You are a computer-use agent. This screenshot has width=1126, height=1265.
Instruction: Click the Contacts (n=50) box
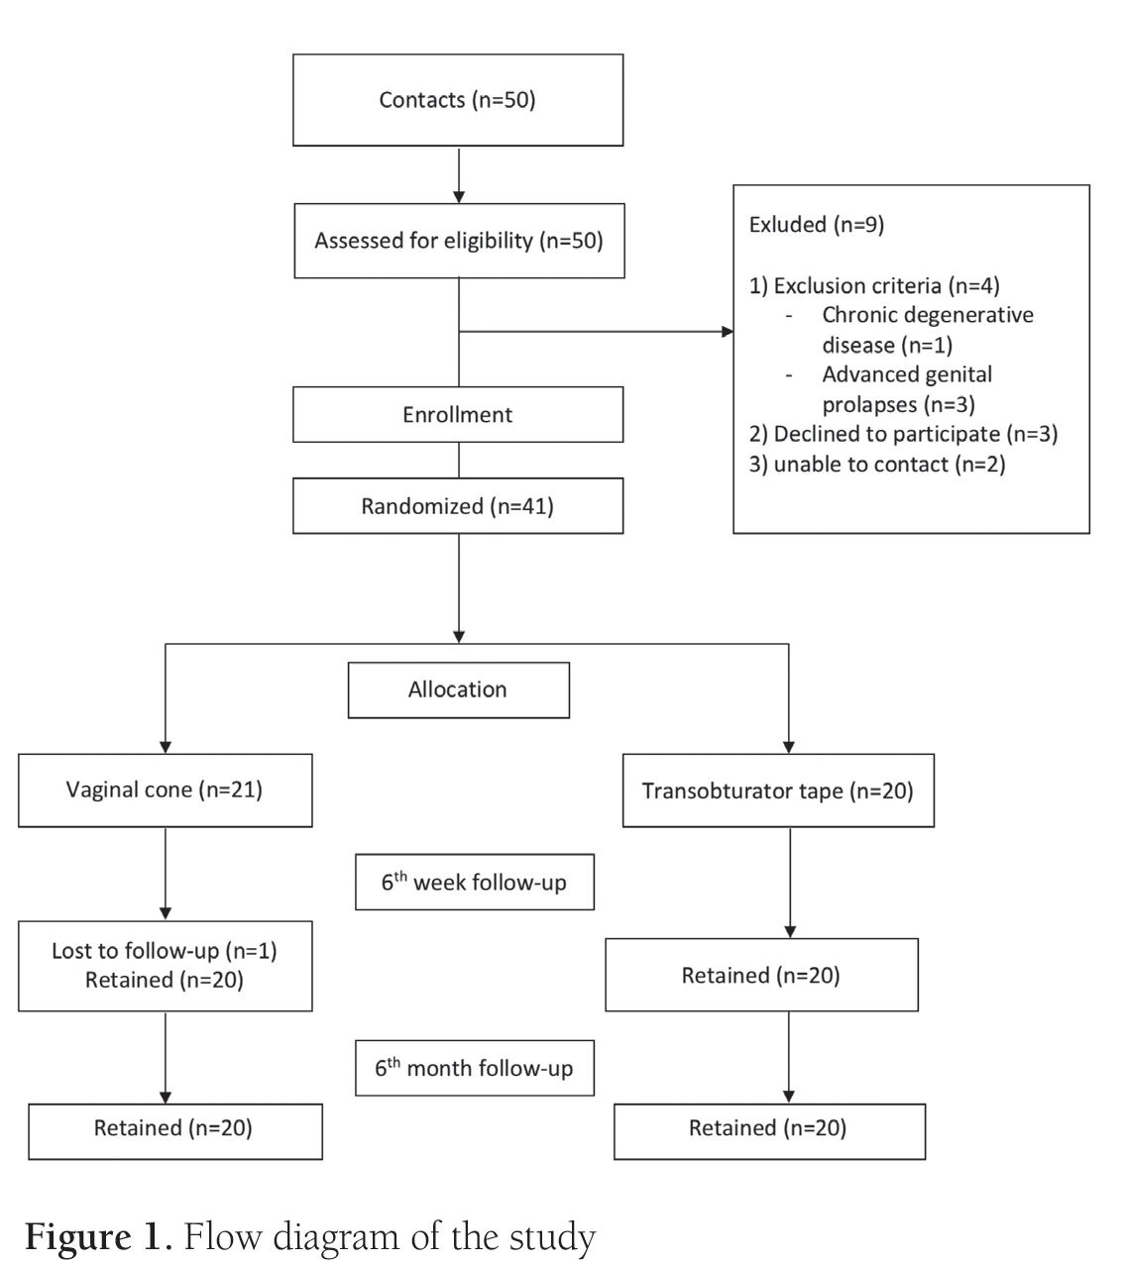pos(457,100)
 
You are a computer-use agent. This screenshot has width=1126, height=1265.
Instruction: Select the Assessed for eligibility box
pos(458,241)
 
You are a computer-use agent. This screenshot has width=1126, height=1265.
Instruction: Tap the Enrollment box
pos(457,414)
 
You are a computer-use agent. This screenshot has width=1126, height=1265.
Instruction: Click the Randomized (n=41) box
pos(457,506)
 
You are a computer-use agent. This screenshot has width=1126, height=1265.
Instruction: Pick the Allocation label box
pos(457,689)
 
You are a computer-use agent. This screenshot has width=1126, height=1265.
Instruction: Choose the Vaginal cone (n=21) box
pos(165,791)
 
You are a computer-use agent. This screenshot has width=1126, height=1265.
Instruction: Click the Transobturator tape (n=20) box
pos(777,791)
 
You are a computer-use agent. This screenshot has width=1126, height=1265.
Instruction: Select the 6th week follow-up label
pos(474,882)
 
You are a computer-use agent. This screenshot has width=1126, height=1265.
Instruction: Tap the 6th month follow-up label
pos(474,1068)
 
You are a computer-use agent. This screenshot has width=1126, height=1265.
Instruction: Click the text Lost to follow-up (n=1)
pos(165,951)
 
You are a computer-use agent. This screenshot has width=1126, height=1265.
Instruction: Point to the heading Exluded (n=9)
pos(817,225)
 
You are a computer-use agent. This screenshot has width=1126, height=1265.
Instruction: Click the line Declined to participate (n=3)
pos(902,434)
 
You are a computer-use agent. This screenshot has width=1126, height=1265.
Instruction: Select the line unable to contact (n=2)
pos(876,464)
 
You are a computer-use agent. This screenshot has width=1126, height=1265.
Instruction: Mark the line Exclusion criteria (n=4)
pos(874,286)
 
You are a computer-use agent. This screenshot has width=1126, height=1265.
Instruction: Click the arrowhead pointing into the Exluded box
pos(728,331)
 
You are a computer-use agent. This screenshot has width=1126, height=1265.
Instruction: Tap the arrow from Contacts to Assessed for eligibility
pos(458,175)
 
